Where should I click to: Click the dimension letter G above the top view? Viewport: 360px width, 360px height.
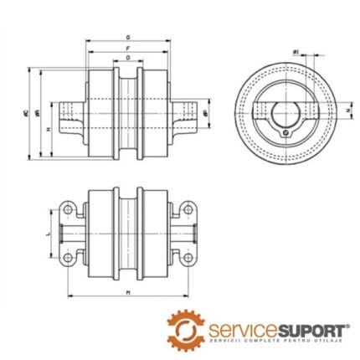(127, 38)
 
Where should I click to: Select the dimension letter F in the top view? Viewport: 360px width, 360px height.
(127, 49)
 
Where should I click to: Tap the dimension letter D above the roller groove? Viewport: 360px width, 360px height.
(127, 59)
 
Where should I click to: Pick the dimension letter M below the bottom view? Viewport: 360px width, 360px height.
(127, 292)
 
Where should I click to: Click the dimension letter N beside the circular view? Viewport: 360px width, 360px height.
(325, 109)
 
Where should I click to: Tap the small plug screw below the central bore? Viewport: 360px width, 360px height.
(285, 130)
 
